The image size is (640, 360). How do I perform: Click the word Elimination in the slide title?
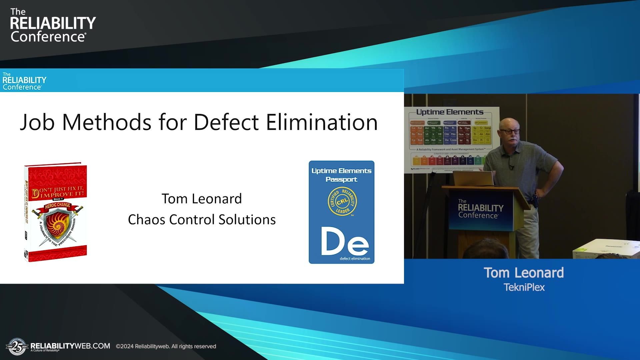pyautogui.click(x=322, y=122)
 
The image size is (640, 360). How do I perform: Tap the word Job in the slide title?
pyautogui.click(x=37, y=122)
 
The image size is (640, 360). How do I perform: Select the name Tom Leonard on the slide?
pyautogui.click(x=202, y=199)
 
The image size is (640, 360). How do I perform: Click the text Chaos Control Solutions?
pyautogui.click(x=202, y=220)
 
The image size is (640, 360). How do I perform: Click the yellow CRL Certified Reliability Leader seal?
pyautogui.click(x=342, y=201)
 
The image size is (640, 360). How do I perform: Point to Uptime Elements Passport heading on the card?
pyautogui.click(x=341, y=175)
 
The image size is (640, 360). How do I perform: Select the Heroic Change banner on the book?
pyautogui.click(x=57, y=205)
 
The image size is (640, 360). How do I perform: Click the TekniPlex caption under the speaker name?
pyautogui.click(x=524, y=287)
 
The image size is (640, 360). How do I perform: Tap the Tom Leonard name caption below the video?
pyautogui.click(x=524, y=273)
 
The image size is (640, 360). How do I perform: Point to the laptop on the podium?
pyautogui.click(x=473, y=179)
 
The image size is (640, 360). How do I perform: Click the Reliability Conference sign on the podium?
pyautogui.click(x=480, y=209)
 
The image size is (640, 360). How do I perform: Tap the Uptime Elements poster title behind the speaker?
pyautogui.click(x=450, y=112)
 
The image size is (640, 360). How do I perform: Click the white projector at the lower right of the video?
pyautogui.click(x=605, y=249)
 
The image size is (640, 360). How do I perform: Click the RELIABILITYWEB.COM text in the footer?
pyautogui.click(x=70, y=346)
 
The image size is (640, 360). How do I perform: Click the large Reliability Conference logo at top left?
pyautogui.click(x=52, y=26)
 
